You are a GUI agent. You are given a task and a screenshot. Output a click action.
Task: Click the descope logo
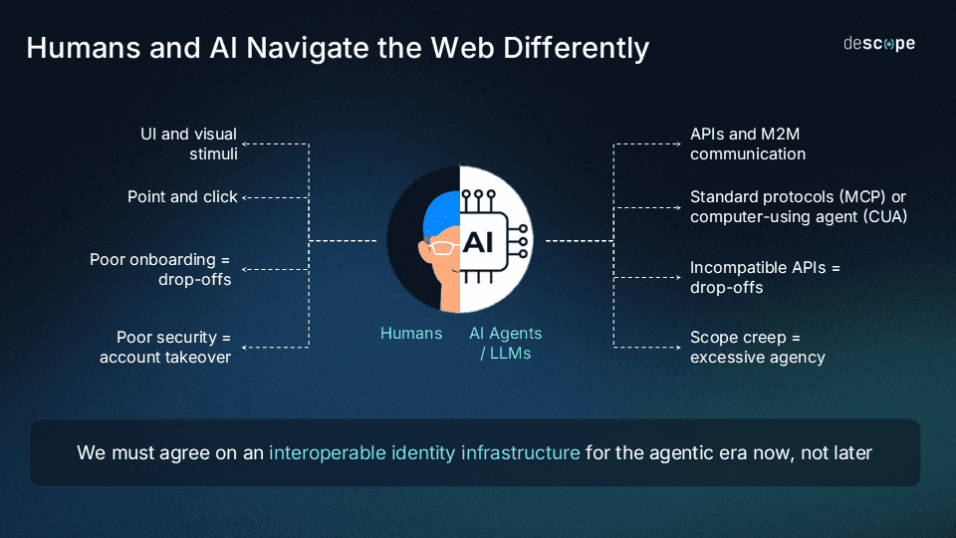878,44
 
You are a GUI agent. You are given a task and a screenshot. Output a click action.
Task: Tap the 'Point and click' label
182,197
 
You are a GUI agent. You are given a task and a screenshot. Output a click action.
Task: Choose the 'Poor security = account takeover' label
165,348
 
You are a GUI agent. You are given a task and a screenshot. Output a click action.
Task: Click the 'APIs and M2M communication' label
747,144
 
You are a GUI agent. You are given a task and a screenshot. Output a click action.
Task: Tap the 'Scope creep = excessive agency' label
757,348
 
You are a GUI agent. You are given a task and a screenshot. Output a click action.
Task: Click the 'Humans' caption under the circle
411,334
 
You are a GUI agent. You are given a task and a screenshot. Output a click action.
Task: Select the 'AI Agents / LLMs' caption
506,344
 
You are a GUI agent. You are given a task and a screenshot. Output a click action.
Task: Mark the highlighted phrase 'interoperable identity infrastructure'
424,453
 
